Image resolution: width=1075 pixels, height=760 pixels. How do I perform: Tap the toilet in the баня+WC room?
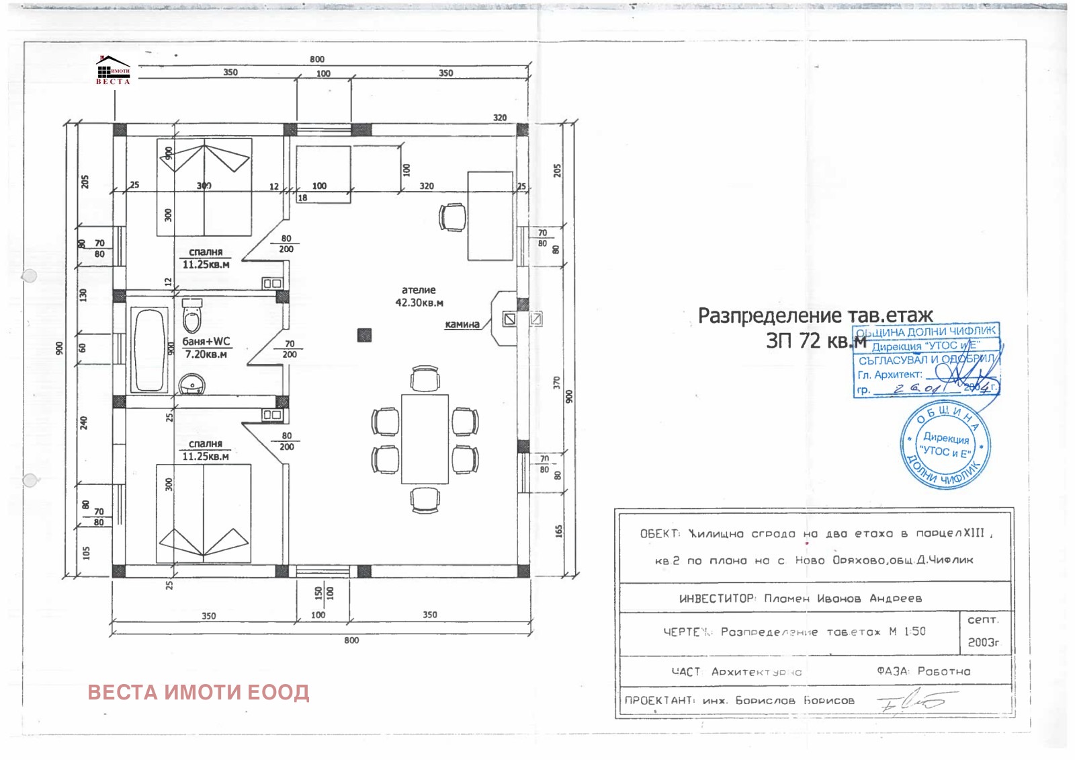pyautogui.click(x=192, y=316)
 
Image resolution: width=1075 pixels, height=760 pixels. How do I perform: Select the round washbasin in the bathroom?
pyautogui.click(x=192, y=385)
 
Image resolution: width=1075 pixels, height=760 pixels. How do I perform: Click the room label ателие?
pyautogui.click(x=419, y=290)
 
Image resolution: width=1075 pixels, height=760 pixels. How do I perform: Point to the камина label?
pyautogui.click(x=462, y=325)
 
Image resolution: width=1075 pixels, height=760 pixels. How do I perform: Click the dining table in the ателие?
pyautogui.click(x=425, y=439)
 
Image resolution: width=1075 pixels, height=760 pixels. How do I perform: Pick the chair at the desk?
pyautogui.click(x=452, y=217)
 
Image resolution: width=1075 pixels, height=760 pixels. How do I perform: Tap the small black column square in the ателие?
pyautogui.click(x=364, y=334)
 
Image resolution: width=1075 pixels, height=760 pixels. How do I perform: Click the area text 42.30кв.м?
pyautogui.click(x=419, y=303)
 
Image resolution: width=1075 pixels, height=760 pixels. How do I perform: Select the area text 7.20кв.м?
pyautogui.click(x=206, y=354)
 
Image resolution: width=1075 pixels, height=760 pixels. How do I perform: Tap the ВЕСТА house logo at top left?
pyautogui.click(x=113, y=70)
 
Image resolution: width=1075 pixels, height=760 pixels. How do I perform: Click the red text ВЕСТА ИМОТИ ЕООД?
pyautogui.click(x=198, y=693)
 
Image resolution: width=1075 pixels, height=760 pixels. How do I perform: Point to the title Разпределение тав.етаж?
pyautogui.click(x=815, y=315)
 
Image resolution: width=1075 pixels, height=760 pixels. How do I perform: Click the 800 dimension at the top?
pyautogui.click(x=317, y=59)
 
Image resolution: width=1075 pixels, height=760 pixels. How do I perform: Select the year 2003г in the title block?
pyautogui.click(x=984, y=642)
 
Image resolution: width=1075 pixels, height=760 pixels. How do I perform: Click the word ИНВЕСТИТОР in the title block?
pyautogui.click(x=717, y=598)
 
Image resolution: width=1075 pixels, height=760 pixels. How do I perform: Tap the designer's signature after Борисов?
pyautogui.click(x=910, y=703)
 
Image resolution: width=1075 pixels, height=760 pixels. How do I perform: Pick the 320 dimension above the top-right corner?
pyautogui.click(x=500, y=118)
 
